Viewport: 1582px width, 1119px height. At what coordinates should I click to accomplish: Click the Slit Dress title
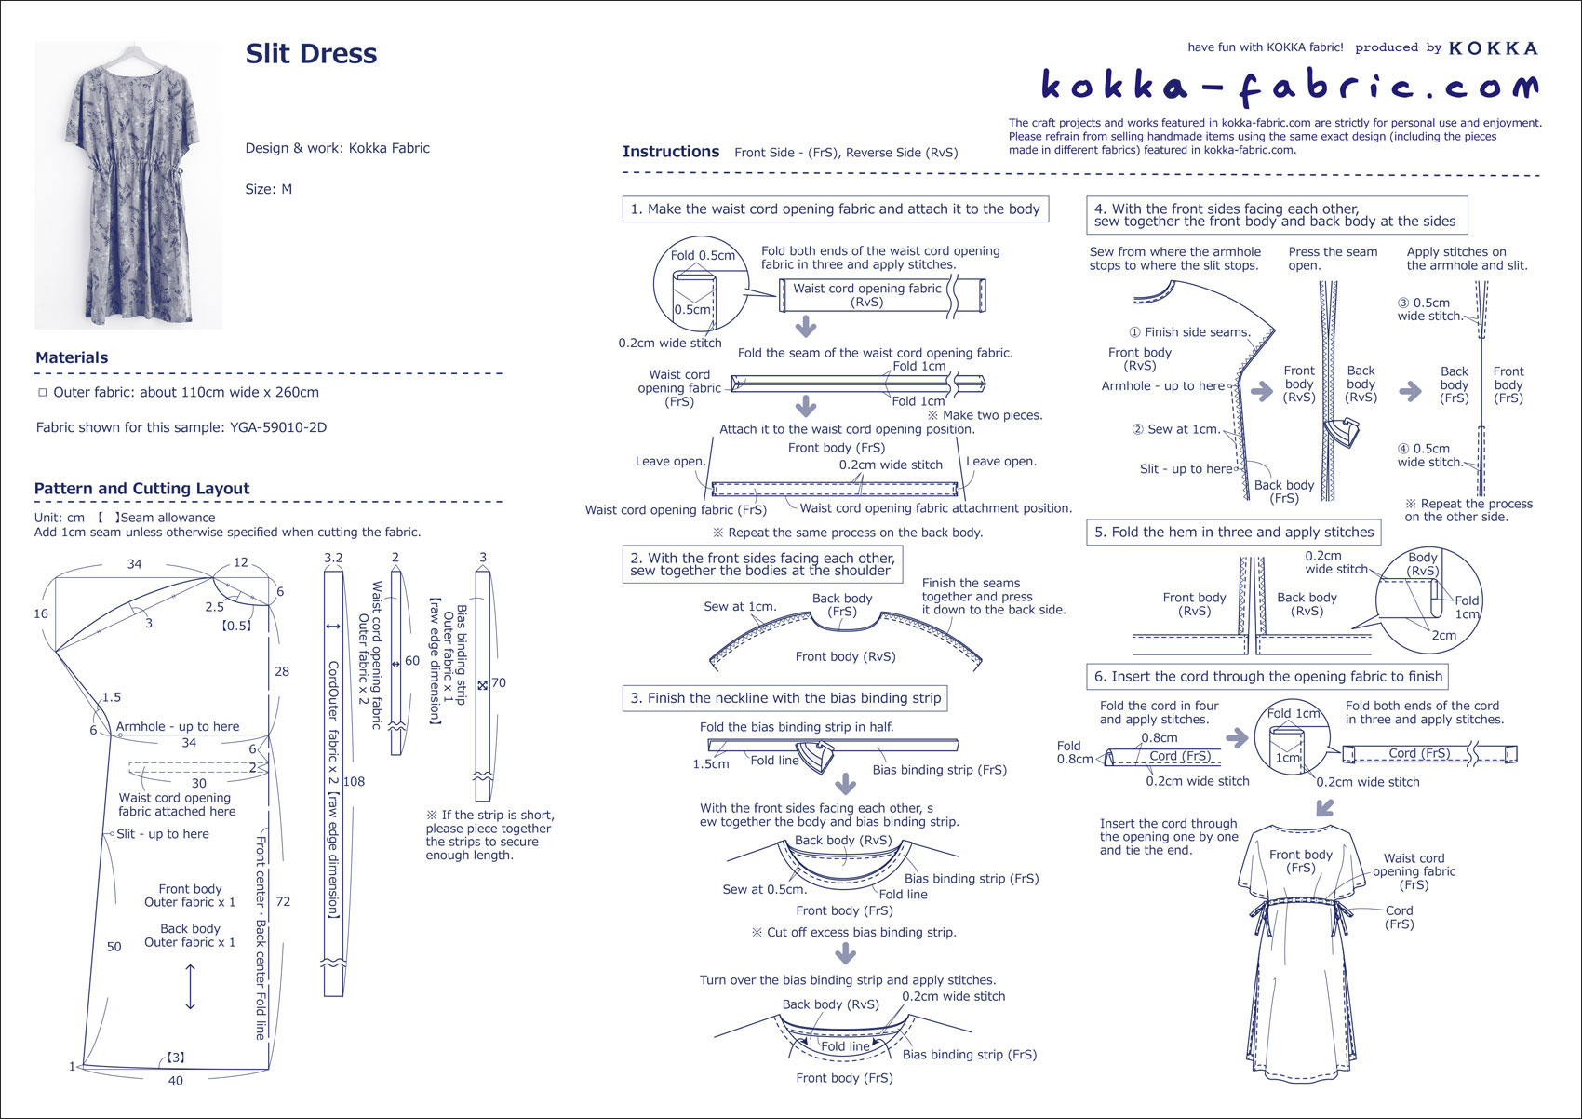(311, 54)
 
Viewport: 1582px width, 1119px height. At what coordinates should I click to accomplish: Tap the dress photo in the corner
(128, 184)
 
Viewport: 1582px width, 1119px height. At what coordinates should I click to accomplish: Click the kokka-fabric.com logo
(1289, 87)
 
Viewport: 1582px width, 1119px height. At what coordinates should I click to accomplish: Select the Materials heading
(72, 357)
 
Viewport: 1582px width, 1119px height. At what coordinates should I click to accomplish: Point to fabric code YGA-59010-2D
(278, 428)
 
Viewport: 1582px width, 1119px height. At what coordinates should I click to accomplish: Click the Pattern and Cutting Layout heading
(141, 489)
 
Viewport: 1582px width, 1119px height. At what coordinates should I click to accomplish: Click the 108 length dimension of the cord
(354, 781)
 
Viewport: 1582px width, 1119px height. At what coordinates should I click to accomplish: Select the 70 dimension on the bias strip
(499, 682)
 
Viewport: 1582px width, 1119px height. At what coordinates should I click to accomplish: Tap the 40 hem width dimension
(176, 1081)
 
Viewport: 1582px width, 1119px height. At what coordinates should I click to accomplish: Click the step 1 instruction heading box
(835, 209)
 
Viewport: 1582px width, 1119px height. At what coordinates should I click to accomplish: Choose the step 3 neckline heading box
(784, 698)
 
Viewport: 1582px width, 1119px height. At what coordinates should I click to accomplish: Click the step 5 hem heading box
(1233, 533)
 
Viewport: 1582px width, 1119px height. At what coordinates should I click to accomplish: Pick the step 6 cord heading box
(1267, 677)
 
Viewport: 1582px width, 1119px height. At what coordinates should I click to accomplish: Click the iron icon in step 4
(1341, 433)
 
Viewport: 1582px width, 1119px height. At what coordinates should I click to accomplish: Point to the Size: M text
(269, 189)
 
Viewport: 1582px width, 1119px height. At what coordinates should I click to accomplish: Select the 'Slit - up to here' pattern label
(163, 834)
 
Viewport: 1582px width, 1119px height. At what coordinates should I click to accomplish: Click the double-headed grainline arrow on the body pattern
(191, 987)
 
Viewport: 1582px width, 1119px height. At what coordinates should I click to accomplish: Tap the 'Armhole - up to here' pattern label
(177, 726)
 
